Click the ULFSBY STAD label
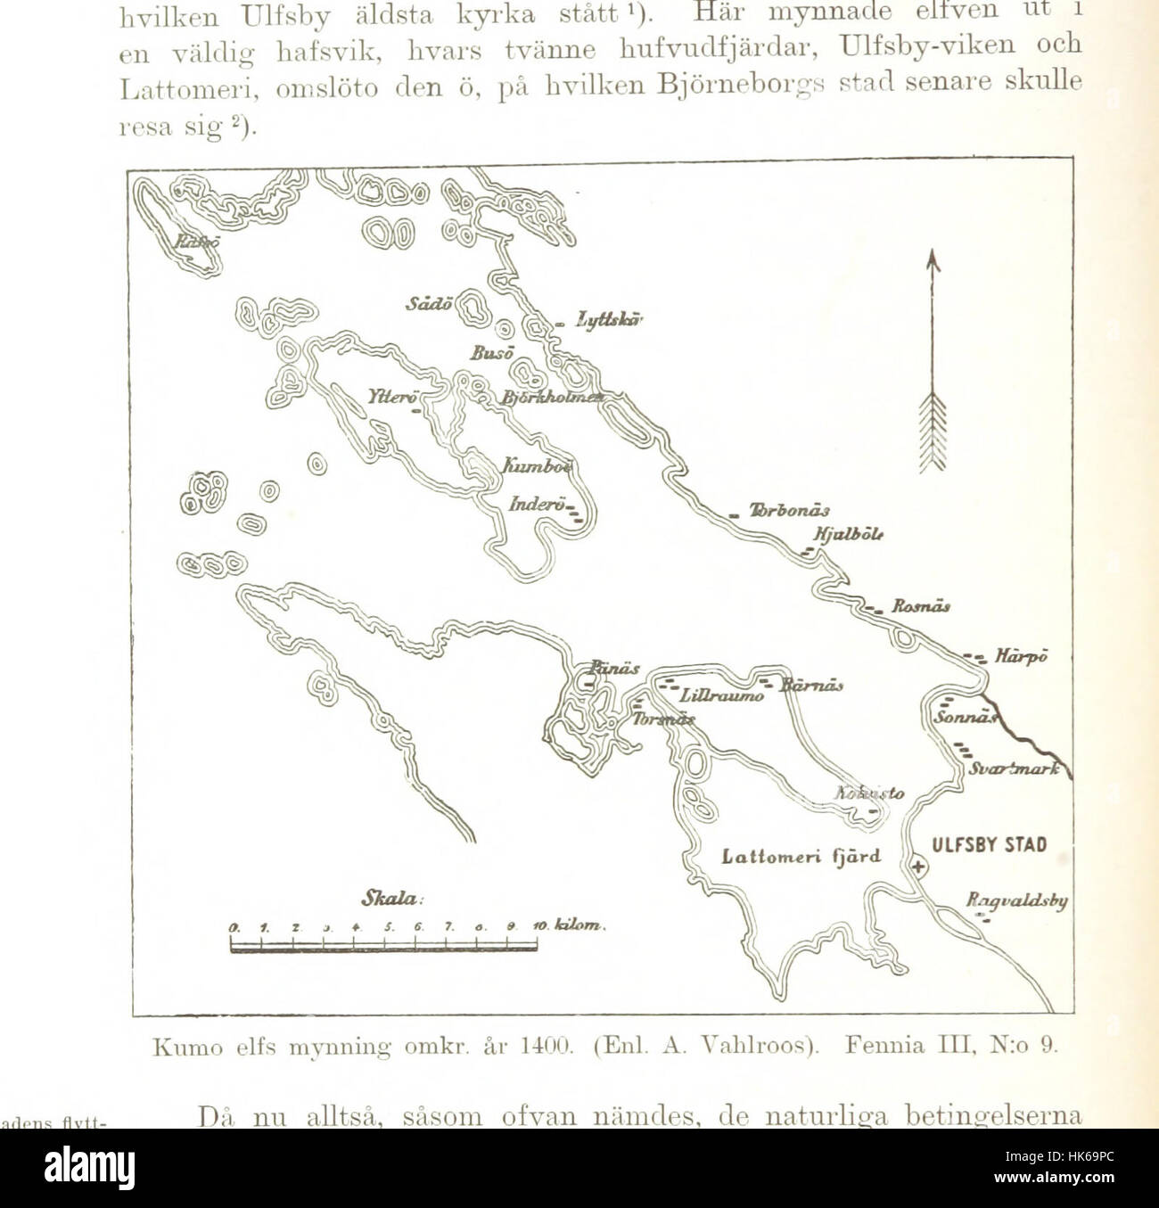point(989,845)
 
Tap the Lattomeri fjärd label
point(801,857)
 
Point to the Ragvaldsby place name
point(1016,901)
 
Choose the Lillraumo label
point(721,695)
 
